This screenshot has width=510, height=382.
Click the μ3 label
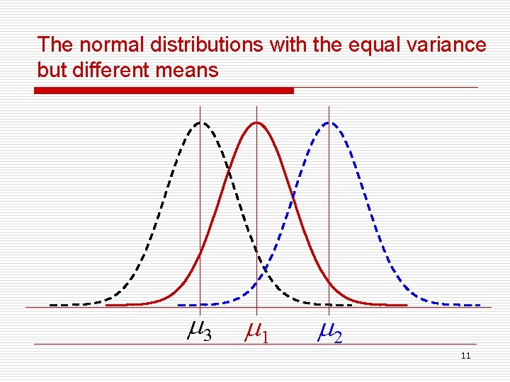pos(200,330)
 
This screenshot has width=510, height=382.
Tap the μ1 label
pos(256,331)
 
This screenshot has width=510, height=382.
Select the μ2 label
pos(329,331)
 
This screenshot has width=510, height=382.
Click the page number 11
pos(465,355)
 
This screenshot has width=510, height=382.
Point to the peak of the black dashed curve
pos(201,122)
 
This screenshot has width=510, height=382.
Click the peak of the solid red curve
pos(256,122)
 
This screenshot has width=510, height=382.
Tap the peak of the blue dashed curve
pos(329,122)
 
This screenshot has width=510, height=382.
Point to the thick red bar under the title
pos(164,91)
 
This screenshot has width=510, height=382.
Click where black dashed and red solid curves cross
pos(229,170)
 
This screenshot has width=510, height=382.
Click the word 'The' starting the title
pos(55,45)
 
